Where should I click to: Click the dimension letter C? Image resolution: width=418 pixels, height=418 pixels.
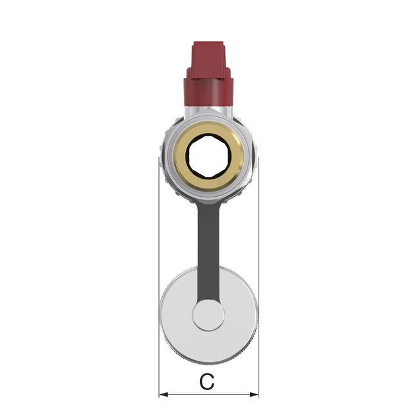point(206,382)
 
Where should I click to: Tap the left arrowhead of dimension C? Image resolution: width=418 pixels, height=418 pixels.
point(163,394)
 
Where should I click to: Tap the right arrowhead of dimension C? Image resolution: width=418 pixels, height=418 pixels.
point(255,394)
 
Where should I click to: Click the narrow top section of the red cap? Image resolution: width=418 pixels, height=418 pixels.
point(208,55)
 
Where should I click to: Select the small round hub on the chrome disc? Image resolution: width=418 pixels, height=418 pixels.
point(208,316)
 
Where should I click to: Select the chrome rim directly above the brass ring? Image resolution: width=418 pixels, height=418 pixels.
point(208,121)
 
